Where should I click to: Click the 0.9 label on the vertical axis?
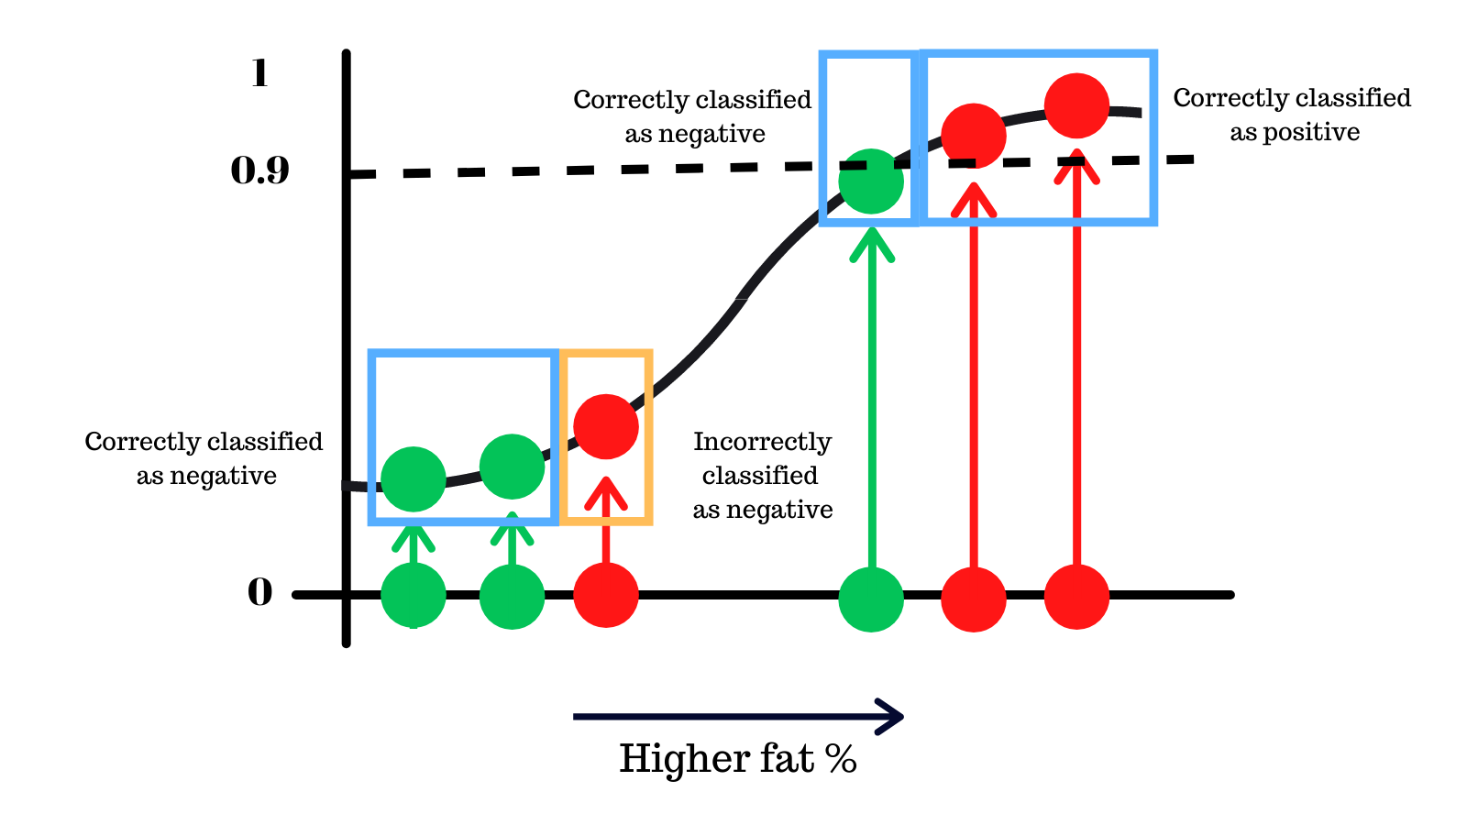(259, 170)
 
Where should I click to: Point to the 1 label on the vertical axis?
(259, 73)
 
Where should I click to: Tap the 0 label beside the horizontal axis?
(260, 593)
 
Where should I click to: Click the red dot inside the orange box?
(606, 426)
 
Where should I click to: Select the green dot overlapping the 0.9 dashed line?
(871, 181)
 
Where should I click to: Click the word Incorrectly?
(762, 442)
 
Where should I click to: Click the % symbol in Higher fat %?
(840, 759)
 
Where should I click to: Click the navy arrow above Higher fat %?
(738, 716)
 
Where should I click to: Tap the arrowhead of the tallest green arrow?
(872, 241)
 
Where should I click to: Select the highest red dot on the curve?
(1076, 105)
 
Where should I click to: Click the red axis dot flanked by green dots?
(606, 595)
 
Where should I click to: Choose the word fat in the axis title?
(787, 759)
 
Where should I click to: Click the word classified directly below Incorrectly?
(760, 476)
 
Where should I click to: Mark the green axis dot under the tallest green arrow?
(871, 599)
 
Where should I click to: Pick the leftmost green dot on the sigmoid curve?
(414, 478)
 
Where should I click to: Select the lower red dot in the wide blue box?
(974, 136)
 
